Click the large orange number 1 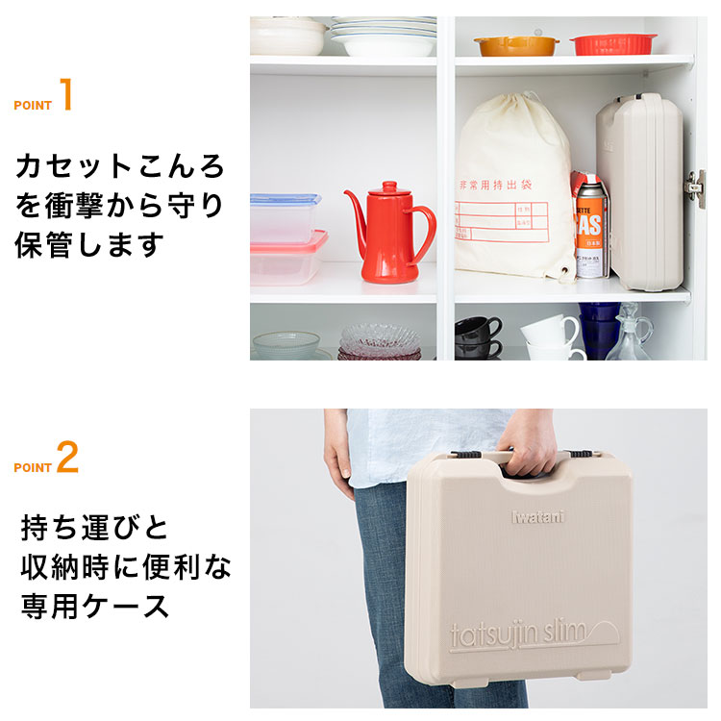pyautogui.click(x=66, y=96)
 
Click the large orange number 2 pyautogui.click(x=67, y=459)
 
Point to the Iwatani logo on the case pyautogui.click(x=537, y=513)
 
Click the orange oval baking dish pyautogui.click(x=515, y=44)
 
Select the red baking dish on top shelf pyautogui.click(x=613, y=43)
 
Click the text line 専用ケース pyautogui.click(x=95, y=606)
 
